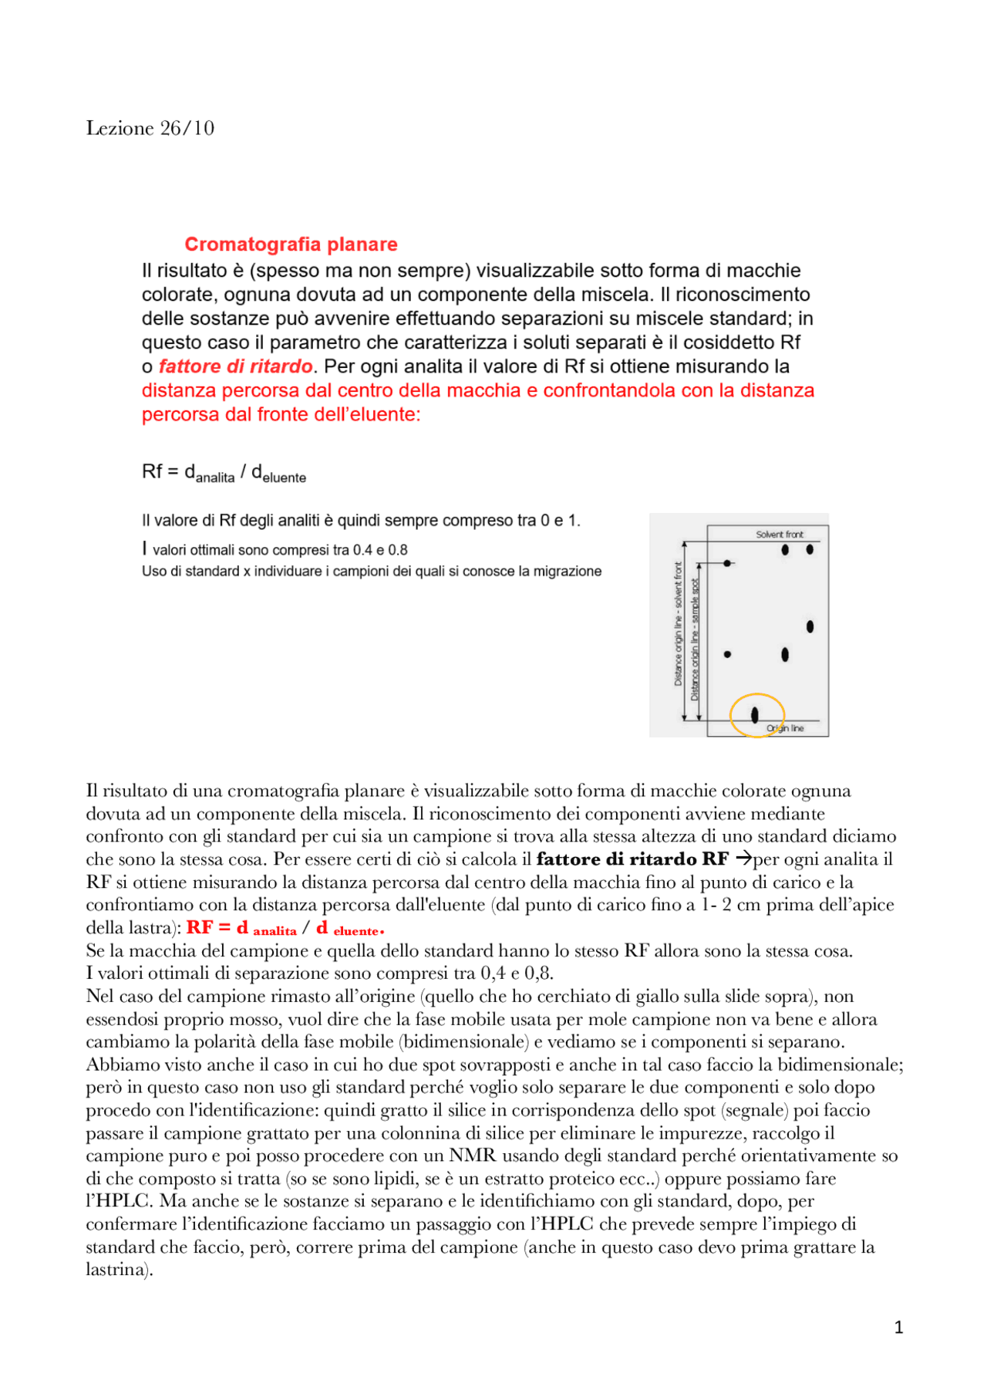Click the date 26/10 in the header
click(x=187, y=128)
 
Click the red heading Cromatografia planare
click(x=291, y=245)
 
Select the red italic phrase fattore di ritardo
click(x=235, y=366)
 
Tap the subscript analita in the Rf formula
click(x=215, y=478)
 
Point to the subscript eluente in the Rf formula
click(x=284, y=478)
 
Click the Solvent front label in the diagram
click(x=779, y=534)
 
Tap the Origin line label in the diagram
click(x=785, y=728)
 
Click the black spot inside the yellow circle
click(x=754, y=715)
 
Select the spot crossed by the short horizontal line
click(x=727, y=564)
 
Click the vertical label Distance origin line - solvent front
click(x=679, y=623)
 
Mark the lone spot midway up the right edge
click(x=810, y=626)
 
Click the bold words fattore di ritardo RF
click(x=632, y=859)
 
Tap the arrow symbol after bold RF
click(x=743, y=858)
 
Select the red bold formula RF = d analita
click(x=241, y=928)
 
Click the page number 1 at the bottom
click(x=898, y=1327)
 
